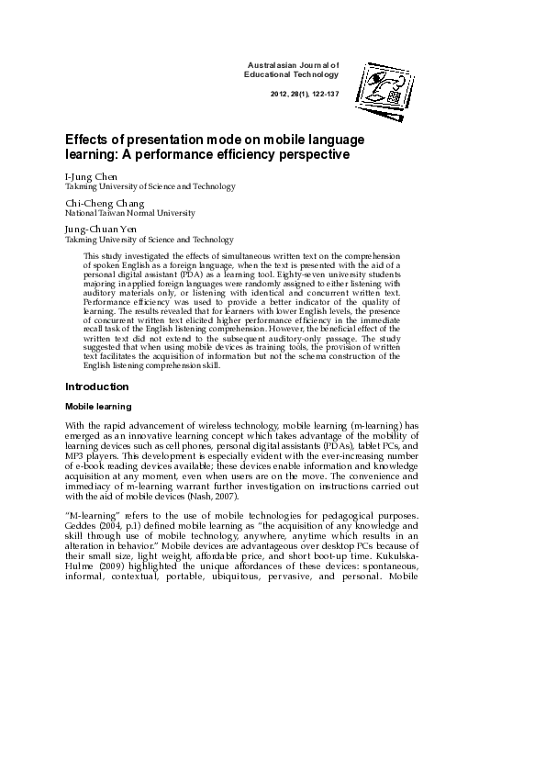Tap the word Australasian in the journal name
coord(276,65)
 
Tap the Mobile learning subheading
coord(99,406)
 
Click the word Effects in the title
coord(86,139)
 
